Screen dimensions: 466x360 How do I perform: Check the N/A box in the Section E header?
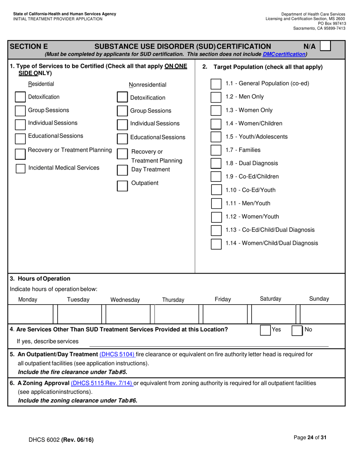point(325,47)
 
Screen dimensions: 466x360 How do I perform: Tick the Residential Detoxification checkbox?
point(20,97)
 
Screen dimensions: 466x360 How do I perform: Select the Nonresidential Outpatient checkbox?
point(122,186)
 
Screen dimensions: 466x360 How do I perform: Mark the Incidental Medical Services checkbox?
point(20,168)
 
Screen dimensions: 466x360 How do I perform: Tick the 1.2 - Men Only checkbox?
point(216,97)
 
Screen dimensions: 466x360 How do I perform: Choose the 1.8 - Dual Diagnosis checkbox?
point(216,164)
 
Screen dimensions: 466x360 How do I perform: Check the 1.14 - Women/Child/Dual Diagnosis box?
point(216,243)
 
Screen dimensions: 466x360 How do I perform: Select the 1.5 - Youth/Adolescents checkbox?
point(216,137)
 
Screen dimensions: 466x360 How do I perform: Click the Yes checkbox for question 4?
point(265,330)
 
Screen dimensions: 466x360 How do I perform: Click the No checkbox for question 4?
point(296,330)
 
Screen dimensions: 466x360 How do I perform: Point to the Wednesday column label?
point(125,300)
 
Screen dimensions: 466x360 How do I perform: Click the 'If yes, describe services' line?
point(208,342)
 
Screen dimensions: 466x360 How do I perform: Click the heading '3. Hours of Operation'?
point(40,279)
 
